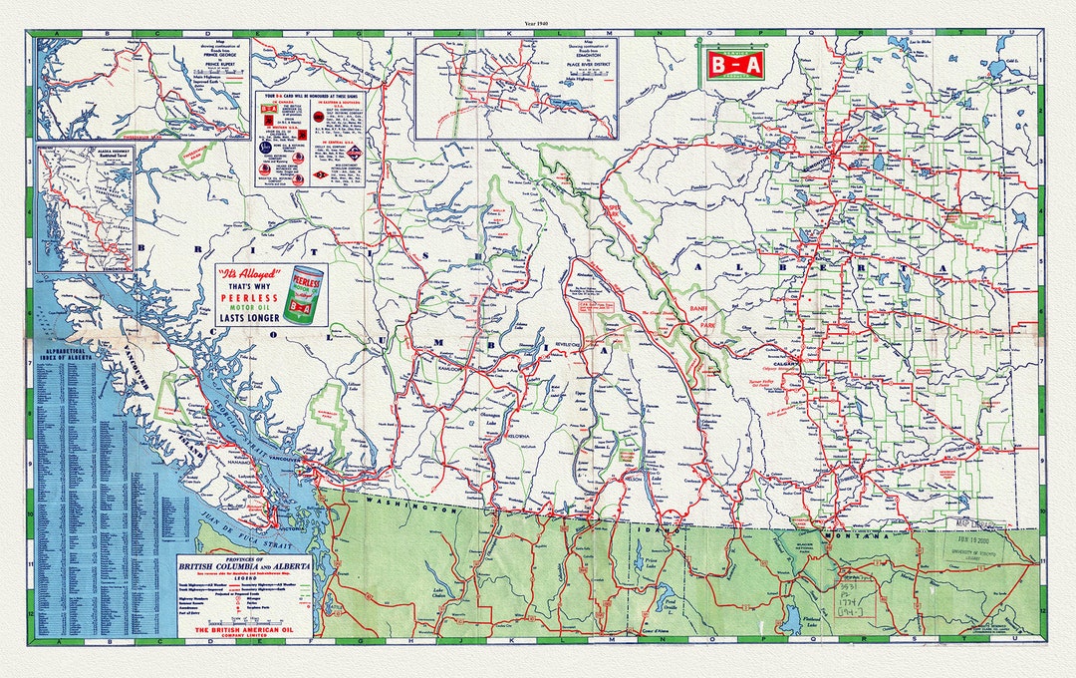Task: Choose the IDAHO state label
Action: (663, 530)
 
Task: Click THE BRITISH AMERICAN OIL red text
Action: (244, 630)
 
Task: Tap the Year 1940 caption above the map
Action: (537, 22)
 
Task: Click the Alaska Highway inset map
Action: (86, 204)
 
